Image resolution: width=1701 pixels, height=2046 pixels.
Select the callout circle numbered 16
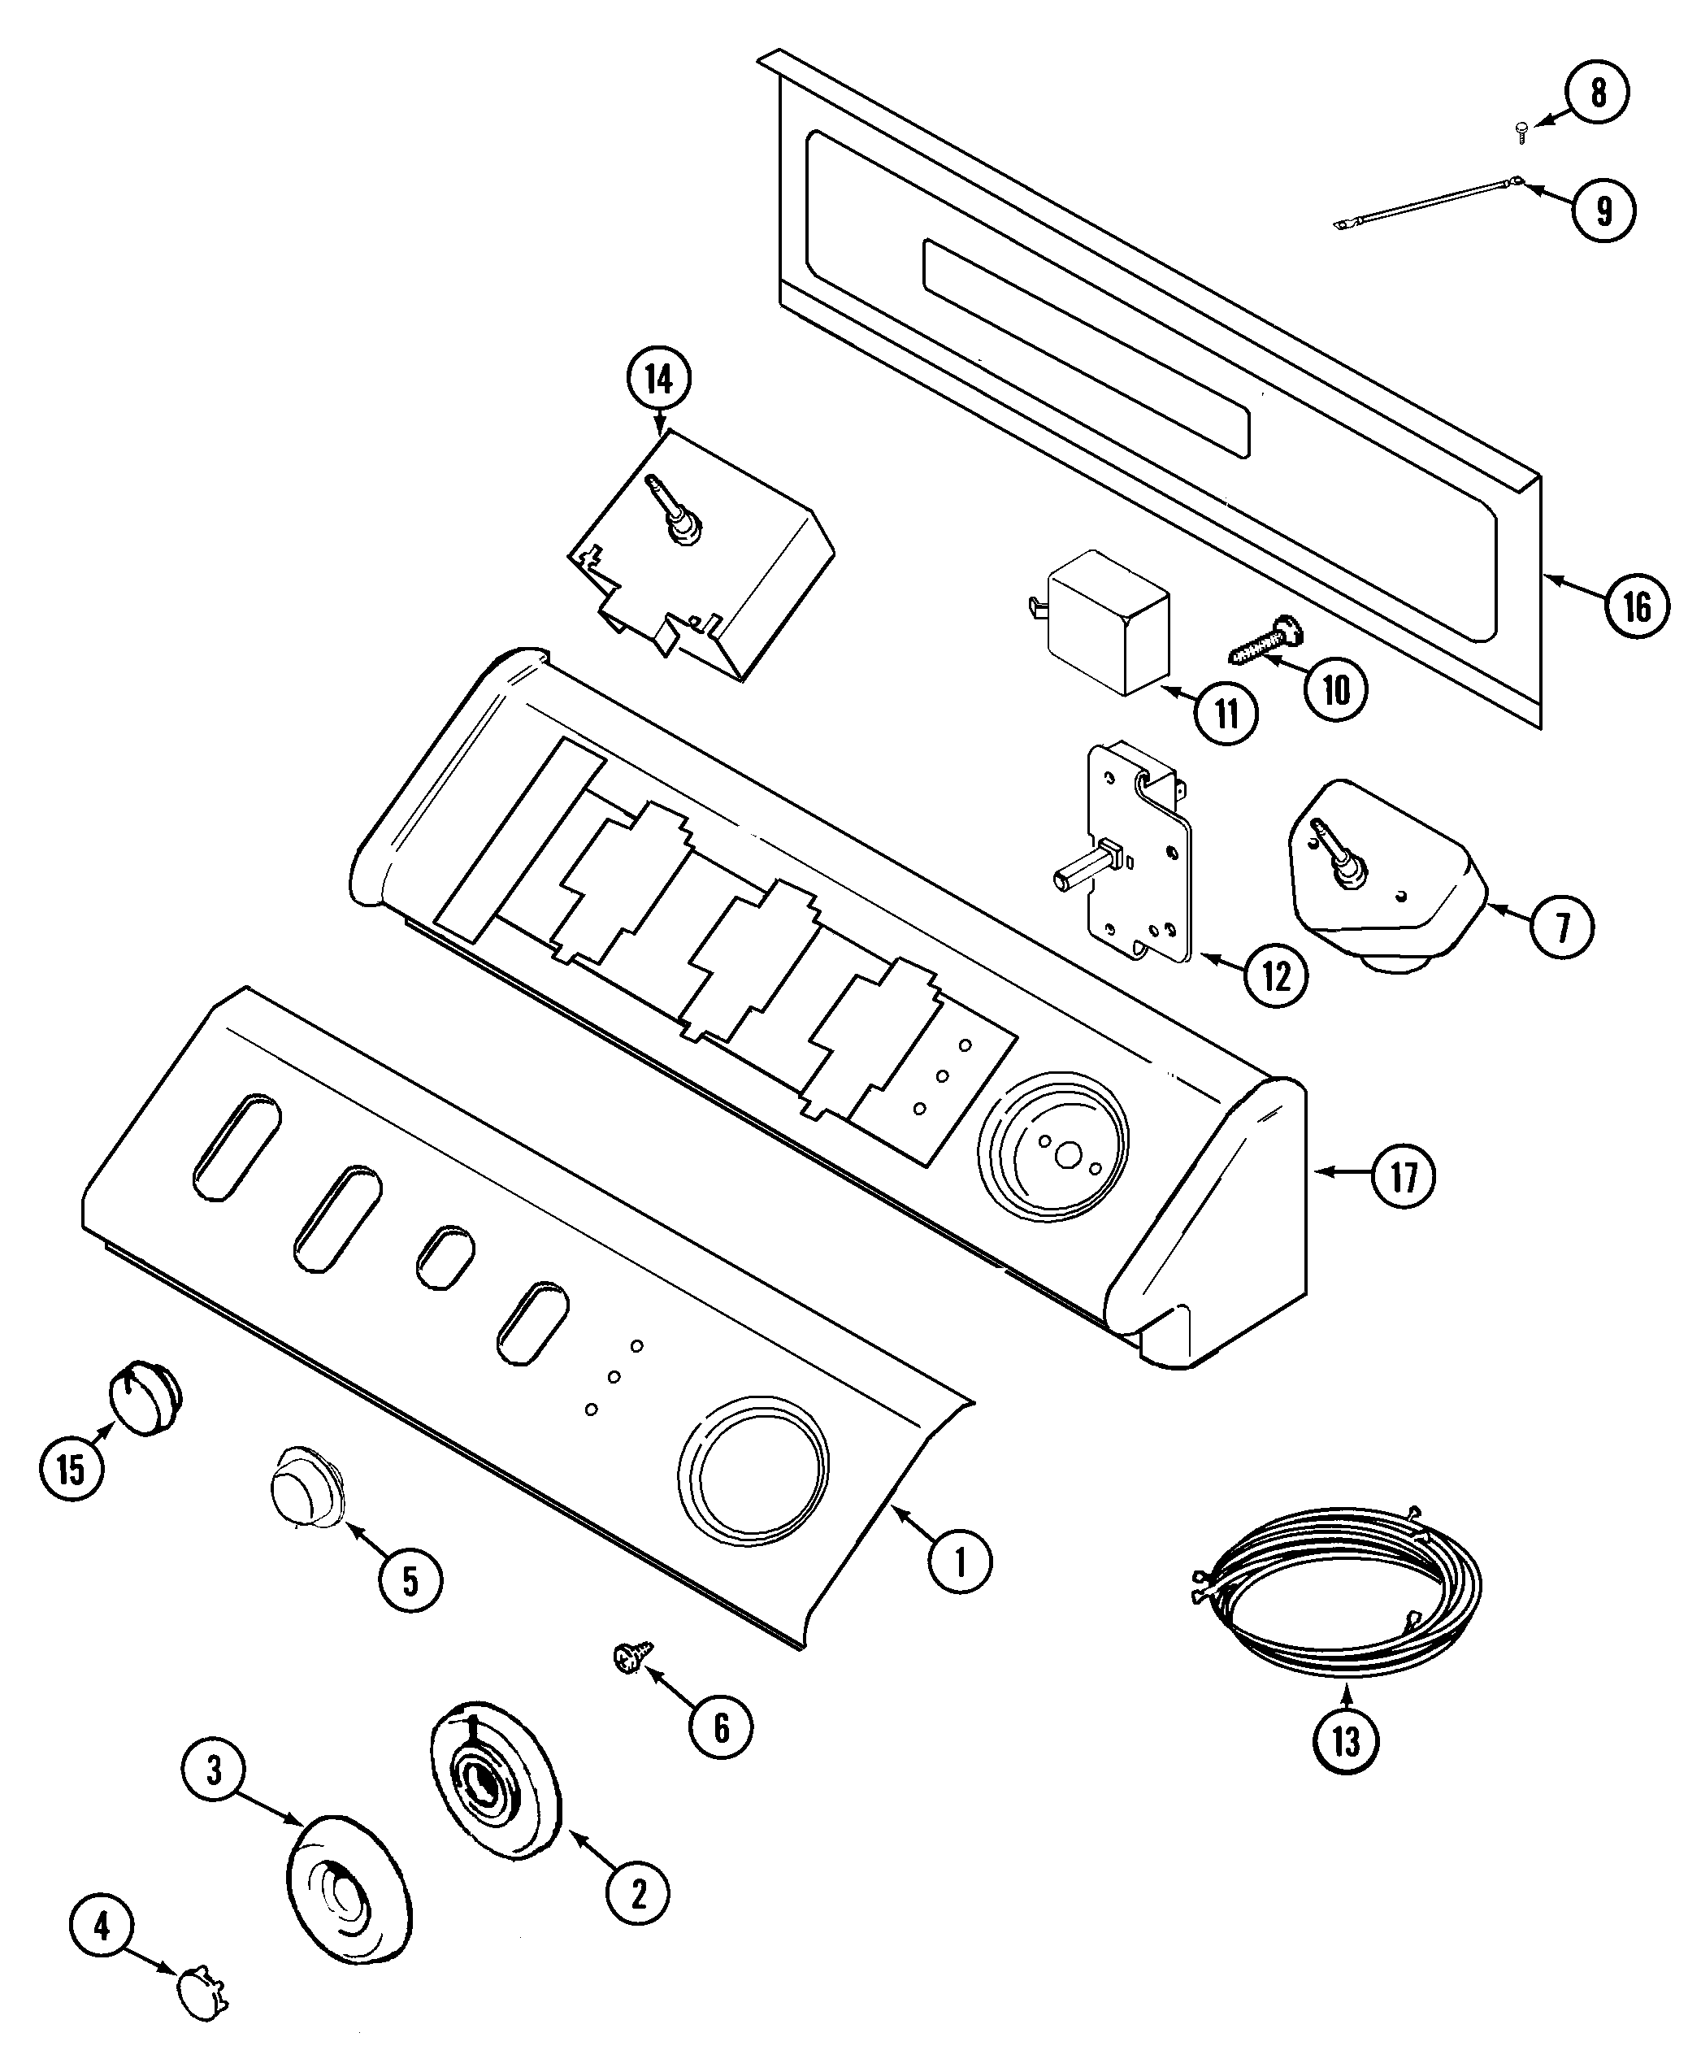(x=1637, y=606)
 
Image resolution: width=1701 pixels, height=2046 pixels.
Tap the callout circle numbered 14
(x=660, y=380)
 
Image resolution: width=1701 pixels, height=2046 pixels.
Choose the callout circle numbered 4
(x=102, y=1925)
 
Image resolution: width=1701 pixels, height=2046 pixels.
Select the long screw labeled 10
(x=1265, y=640)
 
